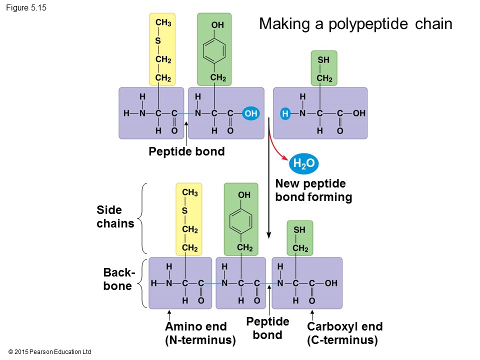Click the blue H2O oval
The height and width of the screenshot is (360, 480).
[x=303, y=163]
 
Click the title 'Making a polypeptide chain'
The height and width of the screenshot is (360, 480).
[x=355, y=24]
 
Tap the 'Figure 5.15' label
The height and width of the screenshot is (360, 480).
[x=26, y=8]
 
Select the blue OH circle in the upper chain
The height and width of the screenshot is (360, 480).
[x=251, y=113]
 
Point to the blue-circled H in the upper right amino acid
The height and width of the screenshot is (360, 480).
[x=285, y=113]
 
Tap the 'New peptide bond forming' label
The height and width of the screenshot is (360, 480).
[x=313, y=190]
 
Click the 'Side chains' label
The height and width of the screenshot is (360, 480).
[x=115, y=216]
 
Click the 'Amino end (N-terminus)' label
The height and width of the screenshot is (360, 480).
[x=200, y=333]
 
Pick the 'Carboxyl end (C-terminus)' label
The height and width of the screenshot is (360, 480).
[x=344, y=333]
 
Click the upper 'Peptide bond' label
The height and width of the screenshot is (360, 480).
[x=186, y=151]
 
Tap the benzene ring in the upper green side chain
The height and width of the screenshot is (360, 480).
[x=215, y=51]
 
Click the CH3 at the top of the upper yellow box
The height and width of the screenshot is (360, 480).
[x=163, y=23]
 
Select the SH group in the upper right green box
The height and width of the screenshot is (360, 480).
[x=323, y=60]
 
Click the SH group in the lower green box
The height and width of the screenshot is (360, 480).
[x=299, y=230]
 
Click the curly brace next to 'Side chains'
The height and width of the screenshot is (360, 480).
[x=143, y=219]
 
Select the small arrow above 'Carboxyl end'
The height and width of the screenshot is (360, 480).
[x=312, y=315]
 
